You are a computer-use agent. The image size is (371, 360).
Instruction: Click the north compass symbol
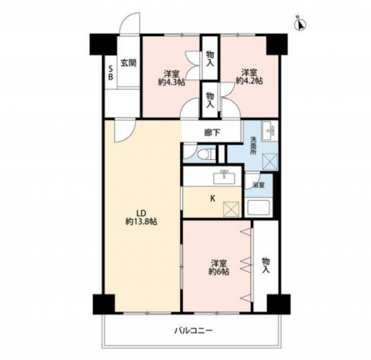tap(300, 24)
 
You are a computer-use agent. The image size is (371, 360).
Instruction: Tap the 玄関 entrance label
tap(129, 63)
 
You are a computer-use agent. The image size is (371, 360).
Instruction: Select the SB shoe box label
tap(110, 73)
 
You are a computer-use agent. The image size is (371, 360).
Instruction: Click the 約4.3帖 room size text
tap(171, 82)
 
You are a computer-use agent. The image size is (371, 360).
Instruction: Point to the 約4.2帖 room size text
tap(249, 81)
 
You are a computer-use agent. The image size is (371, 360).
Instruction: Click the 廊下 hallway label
tap(212, 132)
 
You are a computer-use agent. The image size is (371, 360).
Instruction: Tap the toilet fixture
tap(207, 154)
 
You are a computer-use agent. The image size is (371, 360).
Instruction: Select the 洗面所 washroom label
tap(253, 146)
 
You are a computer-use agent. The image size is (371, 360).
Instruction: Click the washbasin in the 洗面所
tap(269, 130)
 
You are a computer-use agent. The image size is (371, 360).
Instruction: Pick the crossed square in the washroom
tap(270, 162)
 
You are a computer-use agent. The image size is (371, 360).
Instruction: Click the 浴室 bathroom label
tap(258, 185)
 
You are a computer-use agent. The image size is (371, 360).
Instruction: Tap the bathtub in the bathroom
tap(258, 207)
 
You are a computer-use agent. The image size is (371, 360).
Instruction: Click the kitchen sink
tap(225, 177)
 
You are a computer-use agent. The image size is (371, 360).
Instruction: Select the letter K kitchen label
tap(213, 198)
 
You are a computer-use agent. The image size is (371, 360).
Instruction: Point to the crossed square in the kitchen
tap(231, 209)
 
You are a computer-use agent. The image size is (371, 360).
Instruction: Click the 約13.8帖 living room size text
tap(142, 222)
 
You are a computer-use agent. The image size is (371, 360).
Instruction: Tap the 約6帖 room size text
tap(219, 272)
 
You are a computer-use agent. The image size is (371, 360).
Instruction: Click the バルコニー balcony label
tap(193, 331)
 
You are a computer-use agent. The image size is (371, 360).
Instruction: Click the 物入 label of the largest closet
tap(265, 265)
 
